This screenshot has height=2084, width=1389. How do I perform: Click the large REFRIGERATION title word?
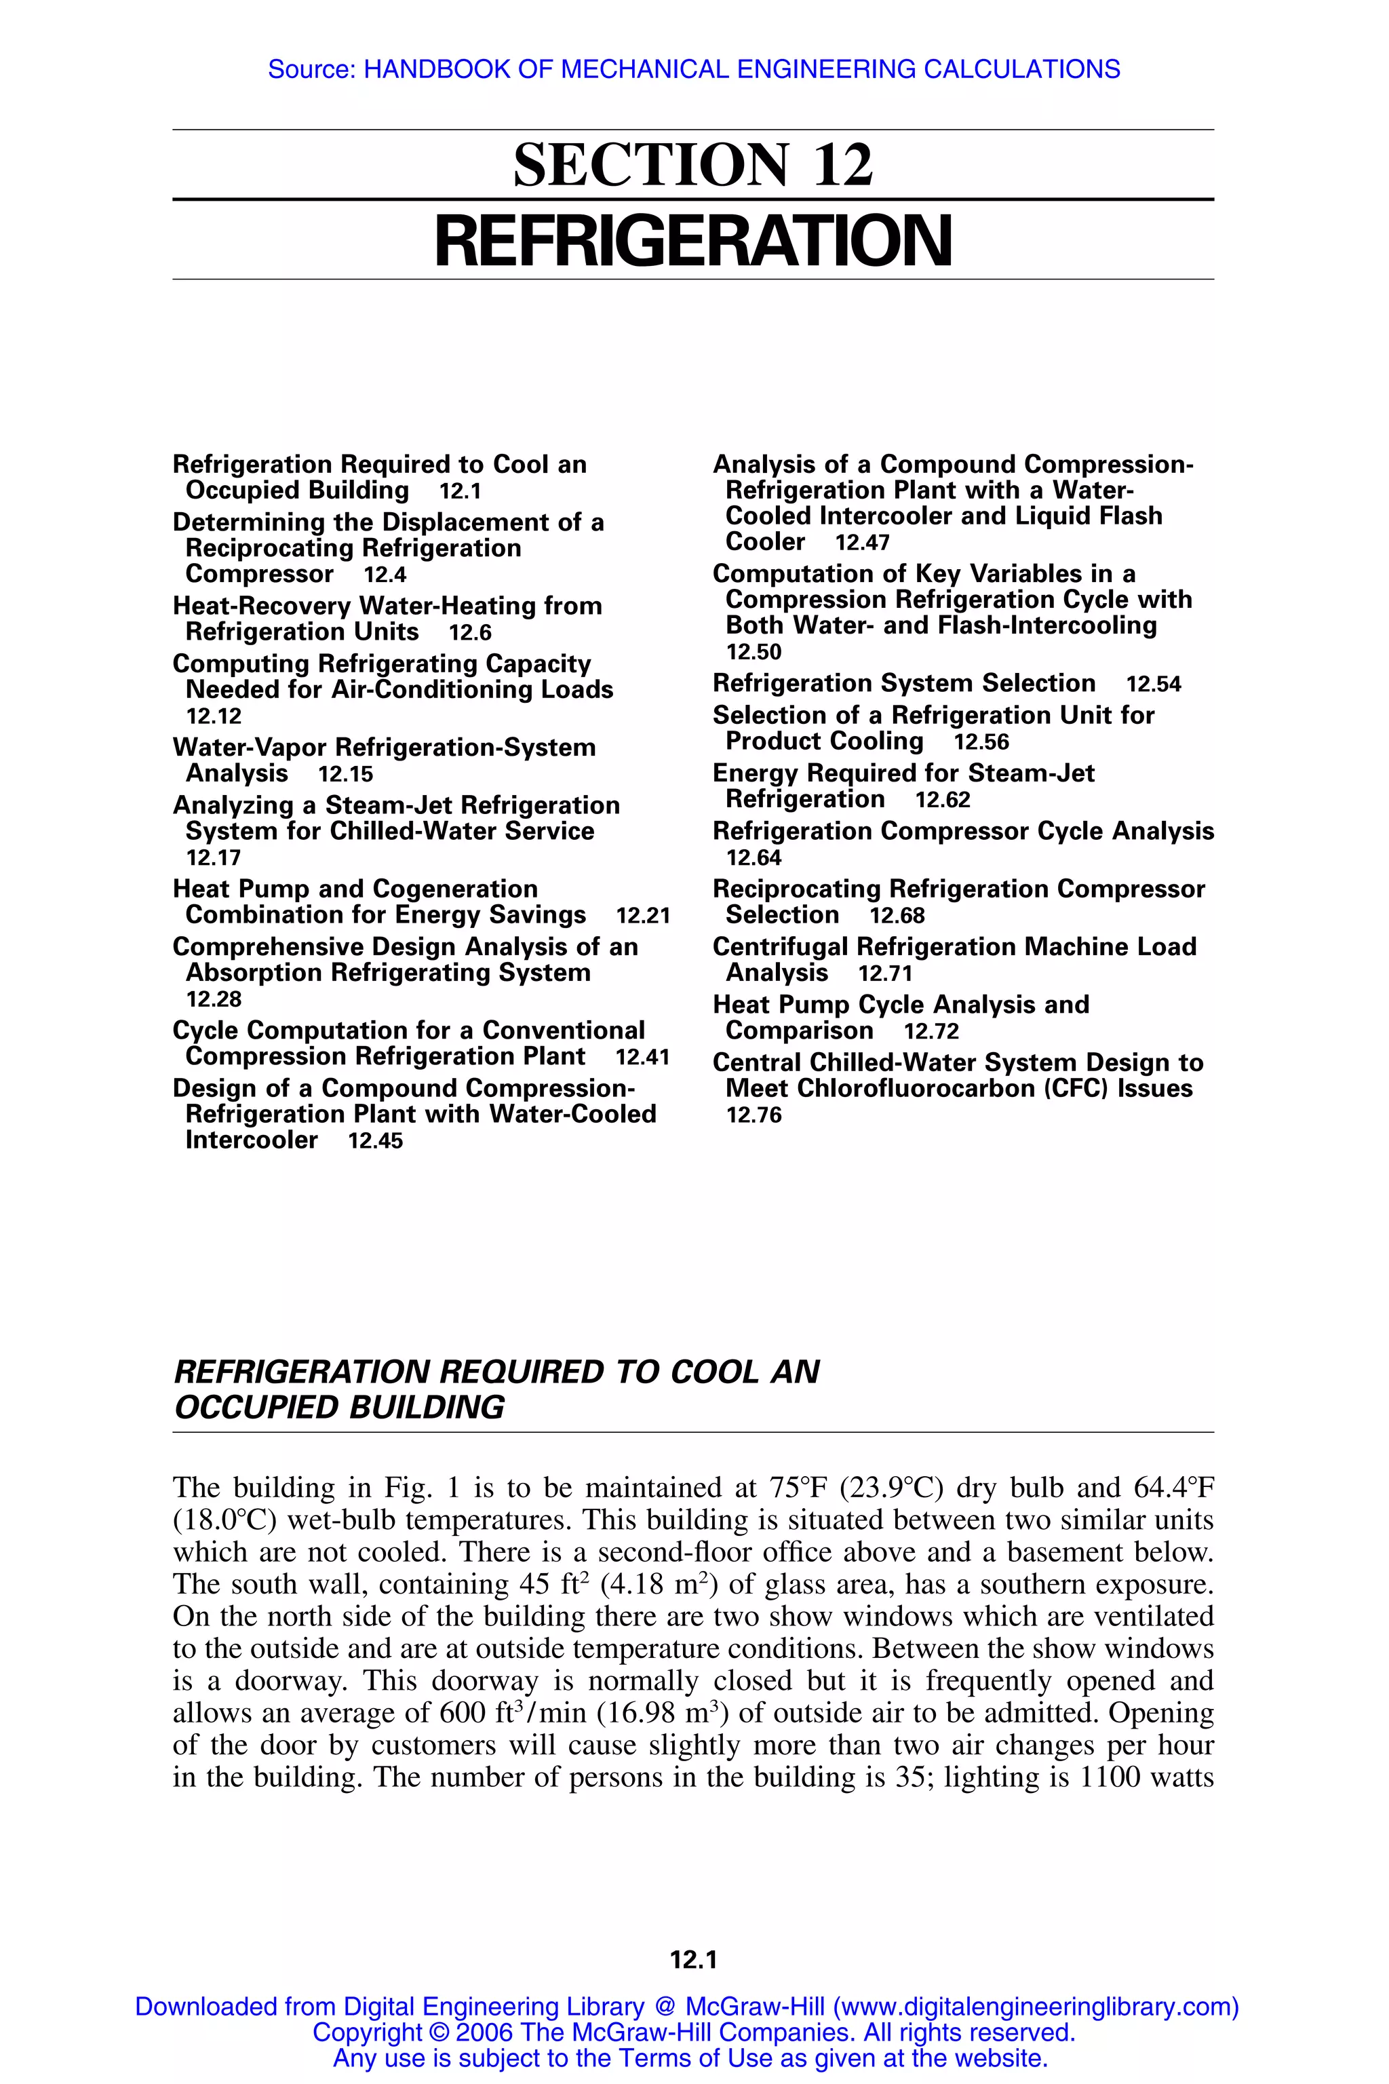point(694,241)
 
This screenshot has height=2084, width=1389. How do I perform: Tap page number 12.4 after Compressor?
point(385,575)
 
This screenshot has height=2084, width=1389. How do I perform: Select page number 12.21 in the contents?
point(642,915)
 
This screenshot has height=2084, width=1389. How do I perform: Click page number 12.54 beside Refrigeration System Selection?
point(1154,684)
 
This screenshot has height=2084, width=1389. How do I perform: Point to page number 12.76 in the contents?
point(754,1115)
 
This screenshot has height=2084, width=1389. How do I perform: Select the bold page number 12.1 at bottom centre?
point(694,1961)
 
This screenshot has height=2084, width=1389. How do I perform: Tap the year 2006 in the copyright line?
point(484,2032)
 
